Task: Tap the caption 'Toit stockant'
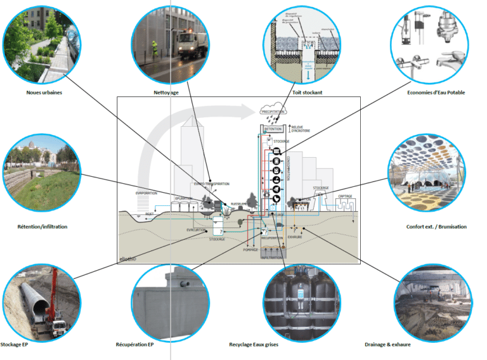[307, 93]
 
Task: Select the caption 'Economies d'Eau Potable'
[436, 93]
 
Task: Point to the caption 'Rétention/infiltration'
[42, 226]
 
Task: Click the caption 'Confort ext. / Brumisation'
[436, 226]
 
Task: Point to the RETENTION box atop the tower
[273, 129]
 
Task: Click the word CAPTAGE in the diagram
[346, 196]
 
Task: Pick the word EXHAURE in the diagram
[296, 237]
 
